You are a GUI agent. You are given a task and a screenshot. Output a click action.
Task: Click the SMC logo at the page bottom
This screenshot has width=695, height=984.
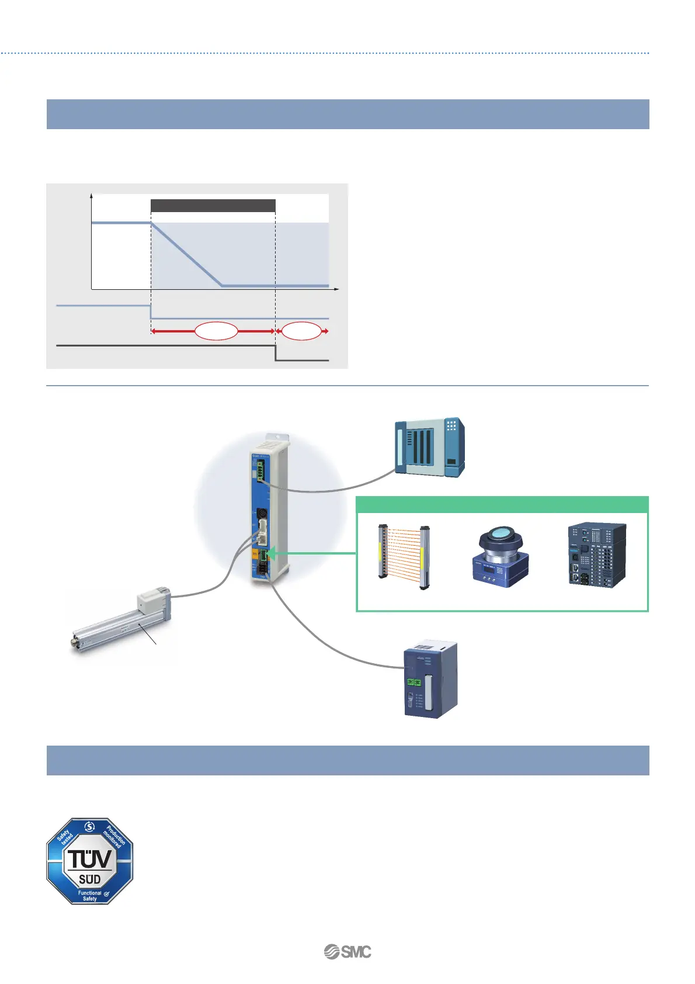click(x=347, y=952)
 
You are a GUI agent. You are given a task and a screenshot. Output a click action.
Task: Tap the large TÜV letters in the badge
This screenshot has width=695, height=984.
click(x=90, y=859)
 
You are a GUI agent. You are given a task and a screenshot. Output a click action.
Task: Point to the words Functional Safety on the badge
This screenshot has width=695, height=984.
click(x=90, y=896)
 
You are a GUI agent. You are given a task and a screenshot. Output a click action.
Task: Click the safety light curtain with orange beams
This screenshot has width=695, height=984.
click(x=404, y=557)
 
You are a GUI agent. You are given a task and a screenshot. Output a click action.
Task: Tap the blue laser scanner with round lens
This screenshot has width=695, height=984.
click(x=500, y=556)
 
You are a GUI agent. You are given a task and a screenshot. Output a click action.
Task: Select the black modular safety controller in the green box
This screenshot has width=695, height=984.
click(x=597, y=555)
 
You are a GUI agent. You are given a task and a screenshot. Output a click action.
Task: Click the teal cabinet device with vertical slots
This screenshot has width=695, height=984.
click(x=429, y=447)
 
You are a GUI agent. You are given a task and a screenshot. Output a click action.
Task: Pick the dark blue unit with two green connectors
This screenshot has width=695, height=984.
click(x=430, y=678)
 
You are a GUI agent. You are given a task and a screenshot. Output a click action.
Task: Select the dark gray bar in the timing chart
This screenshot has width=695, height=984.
click(x=213, y=206)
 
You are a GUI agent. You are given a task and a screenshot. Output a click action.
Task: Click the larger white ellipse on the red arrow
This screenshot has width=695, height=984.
click(x=216, y=331)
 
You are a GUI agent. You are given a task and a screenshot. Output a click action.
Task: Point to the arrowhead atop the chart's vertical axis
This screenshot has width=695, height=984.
click(x=92, y=196)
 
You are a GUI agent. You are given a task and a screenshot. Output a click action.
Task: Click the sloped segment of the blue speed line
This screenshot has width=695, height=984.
click(x=187, y=254)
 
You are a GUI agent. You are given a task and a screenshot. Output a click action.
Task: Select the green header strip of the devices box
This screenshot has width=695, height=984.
click(x=502, y=504)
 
